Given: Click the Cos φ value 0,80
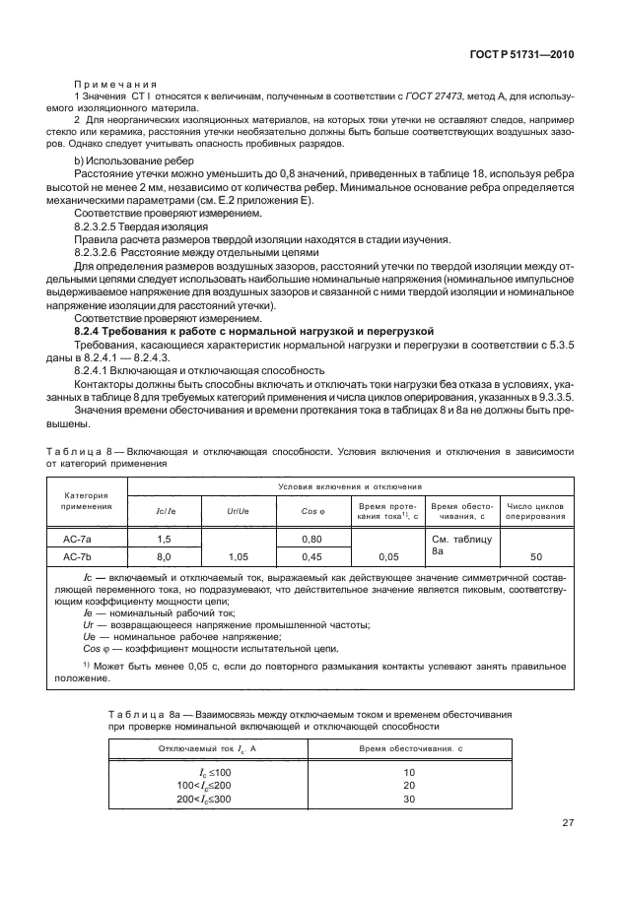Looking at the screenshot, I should [312, 539].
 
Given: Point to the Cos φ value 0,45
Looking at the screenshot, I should [312, 556].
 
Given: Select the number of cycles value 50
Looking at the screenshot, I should [536, 556].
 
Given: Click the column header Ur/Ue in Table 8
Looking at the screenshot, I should [239, 511].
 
